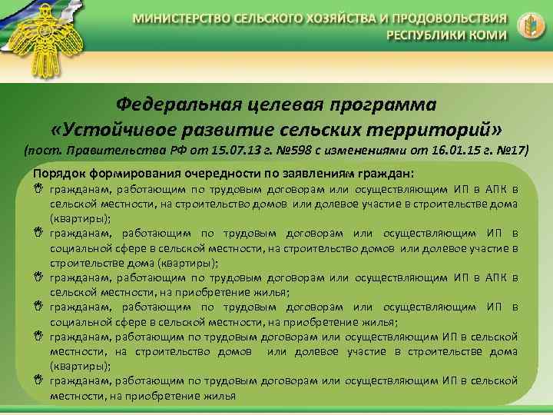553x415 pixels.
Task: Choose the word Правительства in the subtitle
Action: coord(141,149)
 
